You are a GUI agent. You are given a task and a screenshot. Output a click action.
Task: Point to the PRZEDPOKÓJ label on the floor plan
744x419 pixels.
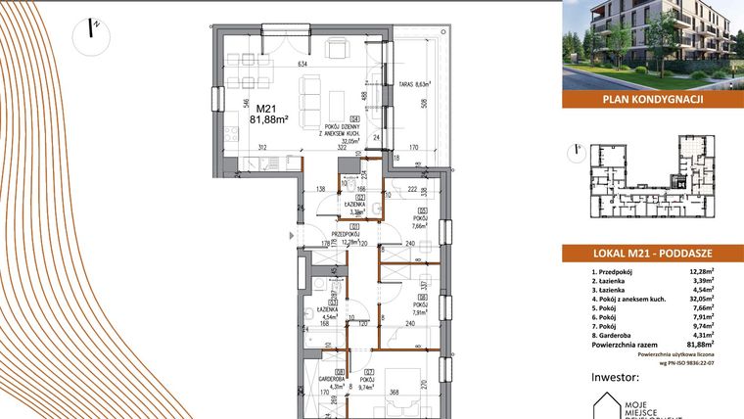(344, 235)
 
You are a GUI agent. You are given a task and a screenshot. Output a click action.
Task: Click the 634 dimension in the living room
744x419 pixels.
(303, 65)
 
